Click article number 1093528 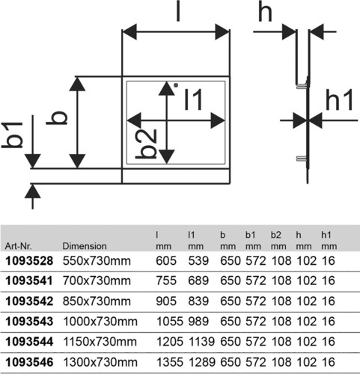point(29,261)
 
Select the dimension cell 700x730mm point(97,281)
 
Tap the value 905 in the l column point(166,301)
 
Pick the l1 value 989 point(198,322)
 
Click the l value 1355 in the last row point(170,362)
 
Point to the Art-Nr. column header point(19,246)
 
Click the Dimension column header point(85,246)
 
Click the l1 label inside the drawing point(193,99)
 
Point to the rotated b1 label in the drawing point(12,135)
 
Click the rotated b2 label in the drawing point(146,144)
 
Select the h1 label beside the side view point(339,99)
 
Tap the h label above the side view point(265,11)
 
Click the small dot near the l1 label point(176,85)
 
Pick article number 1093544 point(29,342)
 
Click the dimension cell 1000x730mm point(100,322)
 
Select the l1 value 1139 point(201,342)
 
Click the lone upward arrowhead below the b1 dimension point(33,191)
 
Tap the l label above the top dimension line point(178,11)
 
